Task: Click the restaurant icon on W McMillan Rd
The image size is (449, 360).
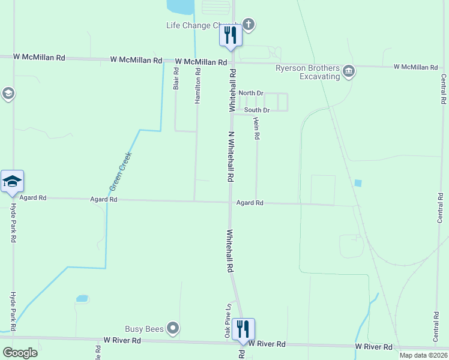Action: [x=230, y=35]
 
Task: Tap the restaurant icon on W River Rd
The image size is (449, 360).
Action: [x=243, y=329]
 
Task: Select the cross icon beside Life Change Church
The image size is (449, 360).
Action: [x=249, y=25]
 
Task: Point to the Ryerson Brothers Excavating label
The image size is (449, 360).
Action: [x=308, y=73]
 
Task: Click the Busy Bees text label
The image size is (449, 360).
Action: [x=143, y=328]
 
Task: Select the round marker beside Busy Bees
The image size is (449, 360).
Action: [x=173, y=328]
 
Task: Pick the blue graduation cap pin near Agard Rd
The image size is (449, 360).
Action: [x=12, y=181]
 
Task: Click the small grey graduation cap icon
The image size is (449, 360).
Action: [x=8, y=94]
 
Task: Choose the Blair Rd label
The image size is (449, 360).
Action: [x=176, y=78]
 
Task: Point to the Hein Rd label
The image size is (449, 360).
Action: [x=256, y=128]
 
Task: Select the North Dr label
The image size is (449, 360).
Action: [x=251, y=93]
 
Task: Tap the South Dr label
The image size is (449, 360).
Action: [x=257, y=110]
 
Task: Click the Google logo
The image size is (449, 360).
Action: [x=20, y=352]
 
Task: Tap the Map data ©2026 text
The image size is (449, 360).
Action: [x=422, y=355]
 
